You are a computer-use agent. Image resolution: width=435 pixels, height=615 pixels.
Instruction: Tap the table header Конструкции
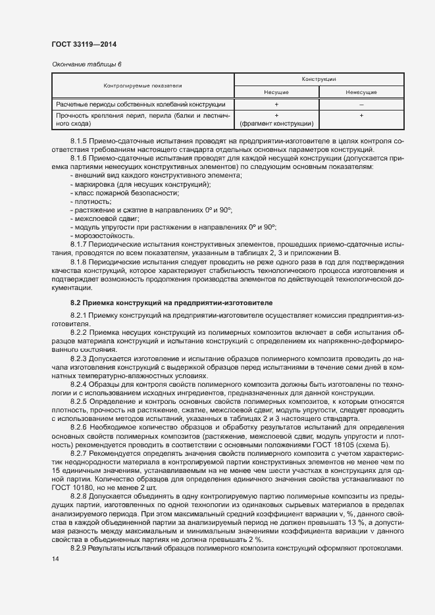point(319,79)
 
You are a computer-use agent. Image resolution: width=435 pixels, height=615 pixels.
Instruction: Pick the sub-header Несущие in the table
point(276,92)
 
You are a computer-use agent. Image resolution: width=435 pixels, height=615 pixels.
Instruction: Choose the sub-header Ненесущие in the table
point(361,92)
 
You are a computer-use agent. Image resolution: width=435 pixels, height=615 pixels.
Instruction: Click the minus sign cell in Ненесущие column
point(361,105)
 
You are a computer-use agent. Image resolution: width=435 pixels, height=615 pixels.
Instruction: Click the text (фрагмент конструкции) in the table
point(276,123)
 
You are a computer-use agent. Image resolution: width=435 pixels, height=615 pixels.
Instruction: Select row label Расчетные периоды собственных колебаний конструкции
point(141,105)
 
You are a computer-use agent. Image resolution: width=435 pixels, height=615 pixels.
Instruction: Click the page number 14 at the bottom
point(55,559)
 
